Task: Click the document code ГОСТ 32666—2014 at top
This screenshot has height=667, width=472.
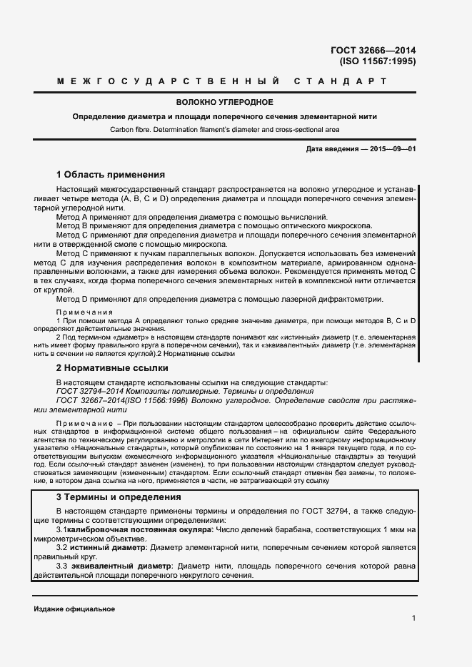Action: pos(373,51)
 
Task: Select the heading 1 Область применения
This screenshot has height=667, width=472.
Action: pos(111,174)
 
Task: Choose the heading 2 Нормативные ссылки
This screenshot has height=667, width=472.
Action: pos(112,368)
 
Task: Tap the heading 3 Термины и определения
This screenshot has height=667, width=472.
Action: pos(119,497)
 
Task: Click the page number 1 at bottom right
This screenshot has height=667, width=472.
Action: pos(413,618)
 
